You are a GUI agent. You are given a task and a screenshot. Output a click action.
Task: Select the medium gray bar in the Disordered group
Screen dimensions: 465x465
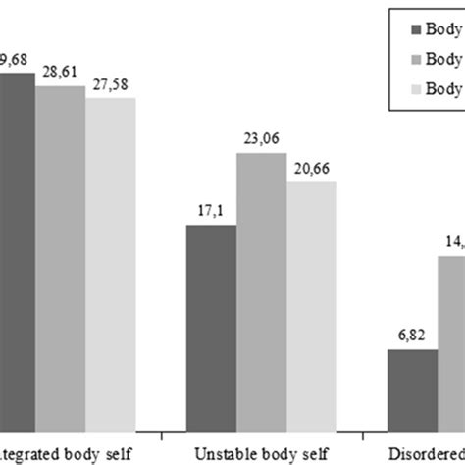coord(452,342)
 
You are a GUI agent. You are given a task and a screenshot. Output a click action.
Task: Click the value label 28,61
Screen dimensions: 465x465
coord(60,73)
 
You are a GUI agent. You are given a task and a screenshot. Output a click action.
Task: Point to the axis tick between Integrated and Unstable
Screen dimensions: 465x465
coord(161,430)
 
